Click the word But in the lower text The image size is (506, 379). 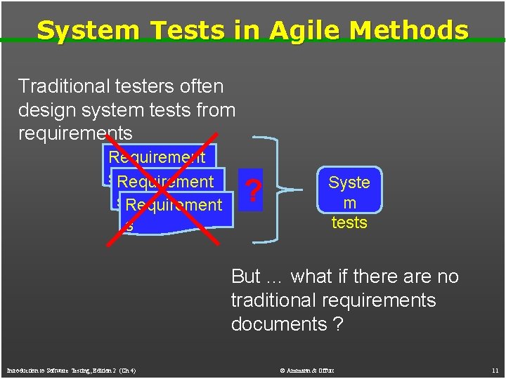coord(245,277)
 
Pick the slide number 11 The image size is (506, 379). coord(495,370)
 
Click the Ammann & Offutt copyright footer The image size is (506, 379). coord(307,370)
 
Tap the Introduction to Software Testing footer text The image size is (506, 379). coord(71,370)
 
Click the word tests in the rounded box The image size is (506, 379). coord(349,222)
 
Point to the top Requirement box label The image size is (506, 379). coord(157,157)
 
